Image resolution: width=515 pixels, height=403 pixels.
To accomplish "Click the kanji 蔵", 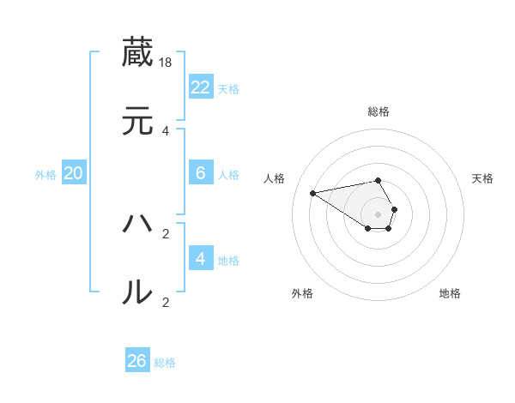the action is click(x=138, y=52).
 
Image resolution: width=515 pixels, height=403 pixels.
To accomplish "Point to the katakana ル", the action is click(x=138, y=292).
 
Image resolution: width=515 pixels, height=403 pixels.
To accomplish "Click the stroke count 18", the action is click(x=167, y=63).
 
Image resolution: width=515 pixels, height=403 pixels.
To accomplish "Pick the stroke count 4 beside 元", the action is click(x=166, y=131).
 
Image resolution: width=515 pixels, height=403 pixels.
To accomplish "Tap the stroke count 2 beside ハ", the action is click(x=166, y=233).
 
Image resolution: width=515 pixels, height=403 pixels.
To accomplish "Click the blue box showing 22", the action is click(x=200, y=87).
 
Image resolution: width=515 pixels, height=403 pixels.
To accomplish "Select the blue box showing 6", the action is click(x=200, y=173).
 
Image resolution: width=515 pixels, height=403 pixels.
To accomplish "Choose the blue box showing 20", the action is click(x=74, y=173).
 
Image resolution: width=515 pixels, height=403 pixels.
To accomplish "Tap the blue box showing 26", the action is click(x=137, y=361).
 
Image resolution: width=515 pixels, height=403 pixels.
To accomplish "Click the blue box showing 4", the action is click(x=200, y=258).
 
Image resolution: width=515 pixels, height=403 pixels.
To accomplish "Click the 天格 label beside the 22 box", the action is click(x=228, y=89).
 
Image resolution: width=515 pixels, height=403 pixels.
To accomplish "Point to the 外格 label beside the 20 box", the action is click(x=45, y=175).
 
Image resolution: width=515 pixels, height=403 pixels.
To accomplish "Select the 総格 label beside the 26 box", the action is click(x=165, y=363).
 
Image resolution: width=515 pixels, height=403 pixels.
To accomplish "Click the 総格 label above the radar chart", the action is click(x=378, y=111).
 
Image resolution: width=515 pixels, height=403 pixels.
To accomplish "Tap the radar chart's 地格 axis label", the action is click(x=450, y=293).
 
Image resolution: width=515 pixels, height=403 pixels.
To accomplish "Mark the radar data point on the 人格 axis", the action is click(x=312, y=192).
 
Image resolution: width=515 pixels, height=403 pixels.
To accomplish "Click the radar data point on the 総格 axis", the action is click(x=378, y=180).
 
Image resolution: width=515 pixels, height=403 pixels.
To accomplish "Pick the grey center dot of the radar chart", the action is click(x=378, y=214).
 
